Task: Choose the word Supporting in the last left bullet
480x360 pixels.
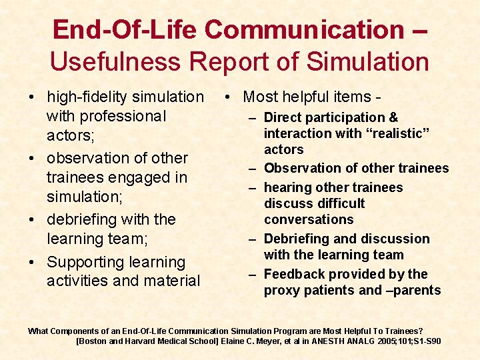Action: pos(88,262)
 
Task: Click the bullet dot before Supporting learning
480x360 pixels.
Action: pos(32,262)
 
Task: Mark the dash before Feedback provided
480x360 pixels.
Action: pos(254,275)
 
